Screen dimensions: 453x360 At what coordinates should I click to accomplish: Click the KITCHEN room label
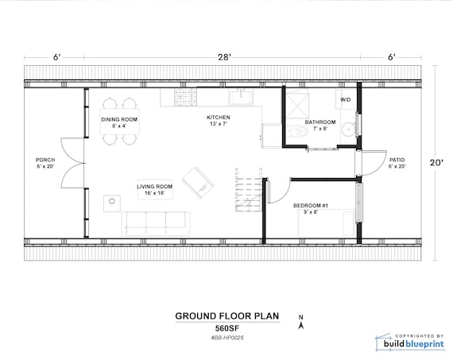[218, 118]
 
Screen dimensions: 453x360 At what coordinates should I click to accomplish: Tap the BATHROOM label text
[320, 122]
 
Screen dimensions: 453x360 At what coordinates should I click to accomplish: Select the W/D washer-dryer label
[345, 99]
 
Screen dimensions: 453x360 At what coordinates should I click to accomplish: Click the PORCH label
[45, 160]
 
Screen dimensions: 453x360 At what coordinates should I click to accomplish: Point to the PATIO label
[397, 160]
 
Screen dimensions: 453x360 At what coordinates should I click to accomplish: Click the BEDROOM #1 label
[311, 206]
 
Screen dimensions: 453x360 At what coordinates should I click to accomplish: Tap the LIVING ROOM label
[154, 187]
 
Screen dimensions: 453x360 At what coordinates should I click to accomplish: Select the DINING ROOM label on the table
[119, 120]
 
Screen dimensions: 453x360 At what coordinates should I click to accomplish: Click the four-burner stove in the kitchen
[185, 97]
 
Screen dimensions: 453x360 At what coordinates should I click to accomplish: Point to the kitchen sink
[241, 97]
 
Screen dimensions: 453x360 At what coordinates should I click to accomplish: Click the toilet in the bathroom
[298, 132]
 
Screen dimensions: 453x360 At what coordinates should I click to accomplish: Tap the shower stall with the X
[297, 106]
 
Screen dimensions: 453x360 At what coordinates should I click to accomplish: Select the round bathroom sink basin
[349, 130]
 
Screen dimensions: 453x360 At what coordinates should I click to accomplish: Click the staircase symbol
[249, 189]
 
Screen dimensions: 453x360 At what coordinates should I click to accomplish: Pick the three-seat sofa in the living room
[156, 223]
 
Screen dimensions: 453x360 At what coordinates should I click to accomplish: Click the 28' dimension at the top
[224, 57]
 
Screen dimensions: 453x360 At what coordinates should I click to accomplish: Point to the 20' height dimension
[436, 163]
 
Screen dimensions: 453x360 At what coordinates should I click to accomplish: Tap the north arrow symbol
[301, 322]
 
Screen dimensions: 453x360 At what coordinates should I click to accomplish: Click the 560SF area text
[227, 328]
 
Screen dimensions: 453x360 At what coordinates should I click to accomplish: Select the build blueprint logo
[409, 342]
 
